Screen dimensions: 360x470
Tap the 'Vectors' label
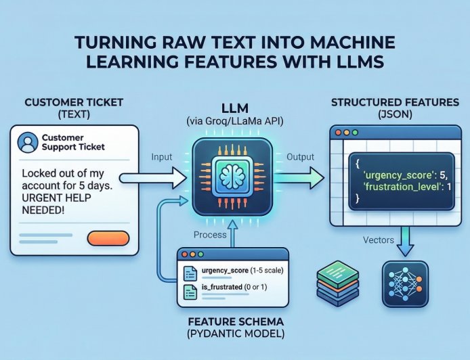pos(378,240)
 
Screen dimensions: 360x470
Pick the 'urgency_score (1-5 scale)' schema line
pos(242,271)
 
